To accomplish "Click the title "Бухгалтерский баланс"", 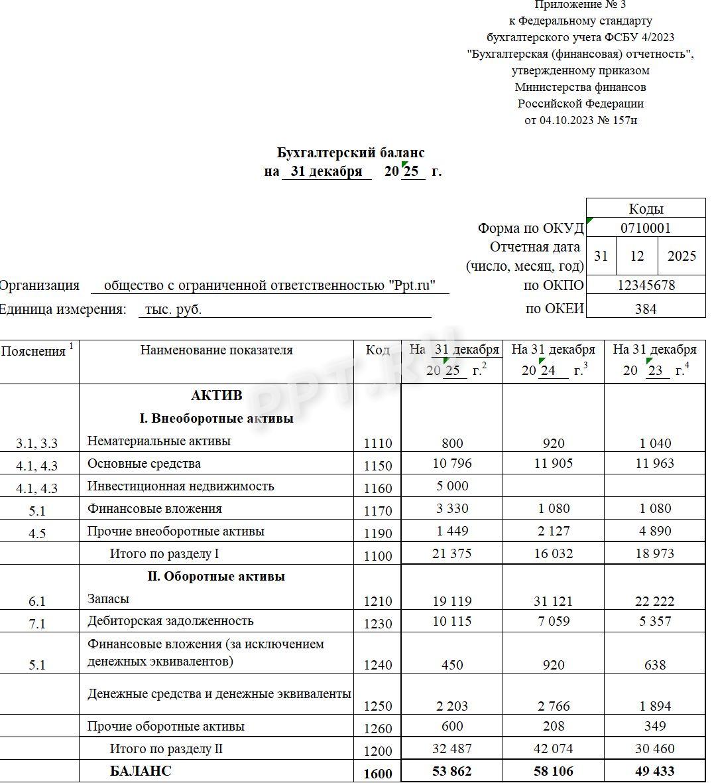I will pos(351,153).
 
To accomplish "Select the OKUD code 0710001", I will pos(645,228).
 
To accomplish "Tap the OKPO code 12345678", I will pos(645,285).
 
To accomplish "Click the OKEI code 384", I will pos(645,309).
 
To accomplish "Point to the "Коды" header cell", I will pos(645,208).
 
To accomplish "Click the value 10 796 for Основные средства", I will pos(452,463).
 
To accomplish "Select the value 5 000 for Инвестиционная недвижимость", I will pos(452,486).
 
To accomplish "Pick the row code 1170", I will pos(378,510).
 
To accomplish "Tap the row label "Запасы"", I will pos(108,599).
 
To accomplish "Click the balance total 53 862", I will pos(452,771).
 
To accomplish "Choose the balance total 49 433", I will pos(654,771).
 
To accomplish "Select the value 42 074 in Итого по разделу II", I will pos(554,748).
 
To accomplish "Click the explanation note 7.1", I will pos(37,623).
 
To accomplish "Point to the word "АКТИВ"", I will pos(217,395).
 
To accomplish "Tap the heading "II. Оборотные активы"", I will pos(216,576).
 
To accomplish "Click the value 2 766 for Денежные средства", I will pos(554,706).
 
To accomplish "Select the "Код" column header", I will pos(377,350).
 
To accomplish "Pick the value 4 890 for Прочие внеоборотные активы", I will pos(654,531).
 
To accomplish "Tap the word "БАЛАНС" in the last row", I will pos(141,771).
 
